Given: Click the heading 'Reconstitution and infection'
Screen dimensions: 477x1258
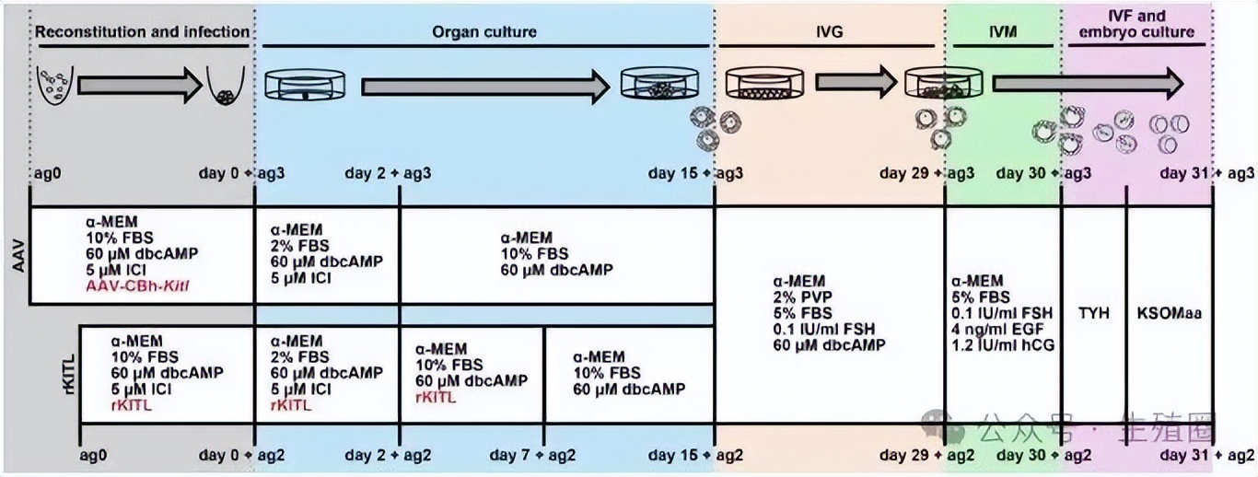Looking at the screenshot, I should [x=142, y=31].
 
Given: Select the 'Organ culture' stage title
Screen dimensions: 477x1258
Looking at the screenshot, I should [x=484, y=31].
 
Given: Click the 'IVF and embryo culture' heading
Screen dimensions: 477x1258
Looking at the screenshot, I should [x=1138, y=24].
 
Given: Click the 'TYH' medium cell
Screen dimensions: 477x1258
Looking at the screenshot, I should [x=1094, y=312].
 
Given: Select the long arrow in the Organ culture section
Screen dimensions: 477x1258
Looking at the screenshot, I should [x=484, y=87].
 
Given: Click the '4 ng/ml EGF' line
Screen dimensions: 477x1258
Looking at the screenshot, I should [x=996, y=329].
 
